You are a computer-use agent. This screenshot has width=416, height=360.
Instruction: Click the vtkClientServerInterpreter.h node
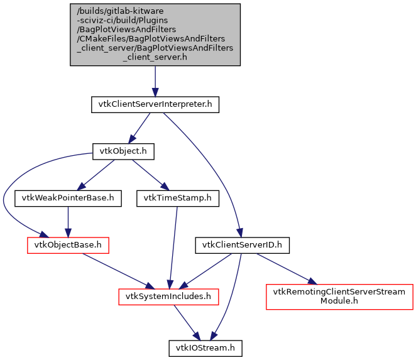[x=155, y=104]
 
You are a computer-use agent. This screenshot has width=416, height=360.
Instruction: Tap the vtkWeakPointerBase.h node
[x=68, y=199]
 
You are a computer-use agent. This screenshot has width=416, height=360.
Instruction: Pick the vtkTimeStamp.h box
[x=178, y=199]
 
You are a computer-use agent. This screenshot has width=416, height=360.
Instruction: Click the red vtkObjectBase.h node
[x=68, y=245]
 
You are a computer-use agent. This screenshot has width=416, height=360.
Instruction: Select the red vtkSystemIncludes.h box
[x=169, y=295]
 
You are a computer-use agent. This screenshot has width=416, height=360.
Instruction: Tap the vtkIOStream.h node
[x=205, y=346]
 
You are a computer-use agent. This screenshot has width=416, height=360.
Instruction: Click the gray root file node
[x=155, y=34]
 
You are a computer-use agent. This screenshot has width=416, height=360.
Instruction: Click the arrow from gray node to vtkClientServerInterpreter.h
[x=155, y=80]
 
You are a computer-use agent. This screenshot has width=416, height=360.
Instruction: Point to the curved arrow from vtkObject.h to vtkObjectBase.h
[x=13, y=188]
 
